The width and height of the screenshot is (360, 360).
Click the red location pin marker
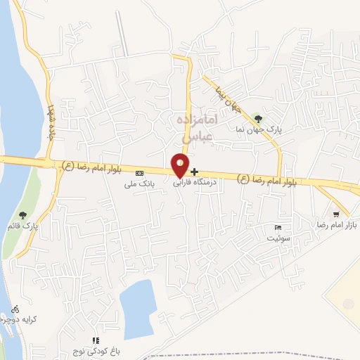180,165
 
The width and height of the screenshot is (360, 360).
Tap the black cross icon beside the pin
195,172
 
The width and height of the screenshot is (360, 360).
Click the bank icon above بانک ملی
139,173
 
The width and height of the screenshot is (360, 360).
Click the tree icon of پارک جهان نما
259,118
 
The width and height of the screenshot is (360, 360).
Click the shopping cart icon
337,214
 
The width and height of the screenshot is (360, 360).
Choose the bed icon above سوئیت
278,228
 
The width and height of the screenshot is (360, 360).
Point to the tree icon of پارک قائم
24,214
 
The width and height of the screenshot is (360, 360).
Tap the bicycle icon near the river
15,308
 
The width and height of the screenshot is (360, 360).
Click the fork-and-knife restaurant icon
96,340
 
